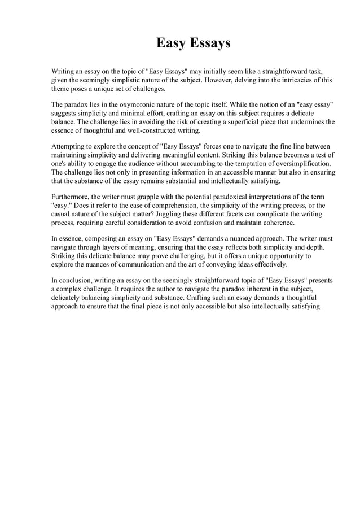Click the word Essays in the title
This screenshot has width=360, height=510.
(209, 43)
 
